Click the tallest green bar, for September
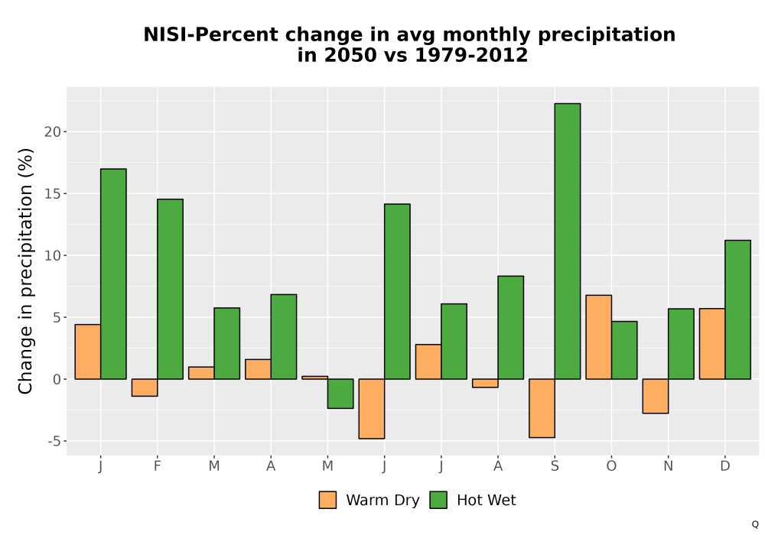[x=568, y=242]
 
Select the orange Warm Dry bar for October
[x=599, y=337]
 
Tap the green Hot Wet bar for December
[x=737, y=310]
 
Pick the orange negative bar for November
[x=656, y=396]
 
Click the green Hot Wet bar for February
[x=171, y=289]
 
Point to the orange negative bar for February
[x=145, y=387]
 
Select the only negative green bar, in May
[x=340, y=394]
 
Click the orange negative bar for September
[x=542, y=408]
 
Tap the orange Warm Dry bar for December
[x=712, y=343]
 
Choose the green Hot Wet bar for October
[x=624, y=350]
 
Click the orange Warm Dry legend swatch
[x=327, y=500]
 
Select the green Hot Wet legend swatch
[x=438, y=500]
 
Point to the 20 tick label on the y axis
[x=53, y=131]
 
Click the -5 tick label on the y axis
[x=54, y=442]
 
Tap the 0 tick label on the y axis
[x=57, y=380]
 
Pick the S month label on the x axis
[x=555, y=466]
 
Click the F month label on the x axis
[x=157, y=466]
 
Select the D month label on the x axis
[x=725, y=466]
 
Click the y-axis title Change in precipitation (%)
[x=25, y=271]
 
